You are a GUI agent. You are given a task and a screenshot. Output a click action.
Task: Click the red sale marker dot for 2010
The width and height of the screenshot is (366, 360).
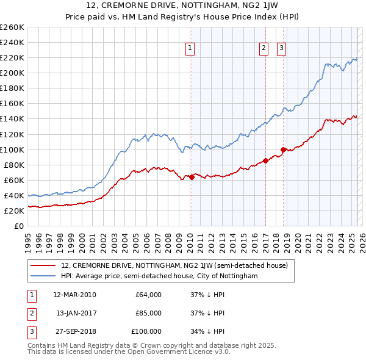pyautogui.click(x=192, y=177)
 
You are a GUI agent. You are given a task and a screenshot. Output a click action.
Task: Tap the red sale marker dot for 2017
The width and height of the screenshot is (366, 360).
pyautogui.click(x=265, y=161)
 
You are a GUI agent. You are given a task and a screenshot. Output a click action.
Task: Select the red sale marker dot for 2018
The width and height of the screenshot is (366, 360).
pyautogui.click(x=284, y=149)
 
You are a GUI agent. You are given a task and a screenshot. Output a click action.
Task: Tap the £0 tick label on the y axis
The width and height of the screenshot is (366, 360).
pyautogui.click(x=18, y=226)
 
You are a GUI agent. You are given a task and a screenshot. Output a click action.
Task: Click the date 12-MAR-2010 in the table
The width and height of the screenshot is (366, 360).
pyautogui.click(x=74, y=295)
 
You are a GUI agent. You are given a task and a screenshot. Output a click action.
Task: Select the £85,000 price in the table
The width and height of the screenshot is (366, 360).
pyautogui.click(x=148, y=313)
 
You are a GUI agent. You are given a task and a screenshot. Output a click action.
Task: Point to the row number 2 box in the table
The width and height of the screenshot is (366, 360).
pyautogui.click(x=31, y=313)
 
